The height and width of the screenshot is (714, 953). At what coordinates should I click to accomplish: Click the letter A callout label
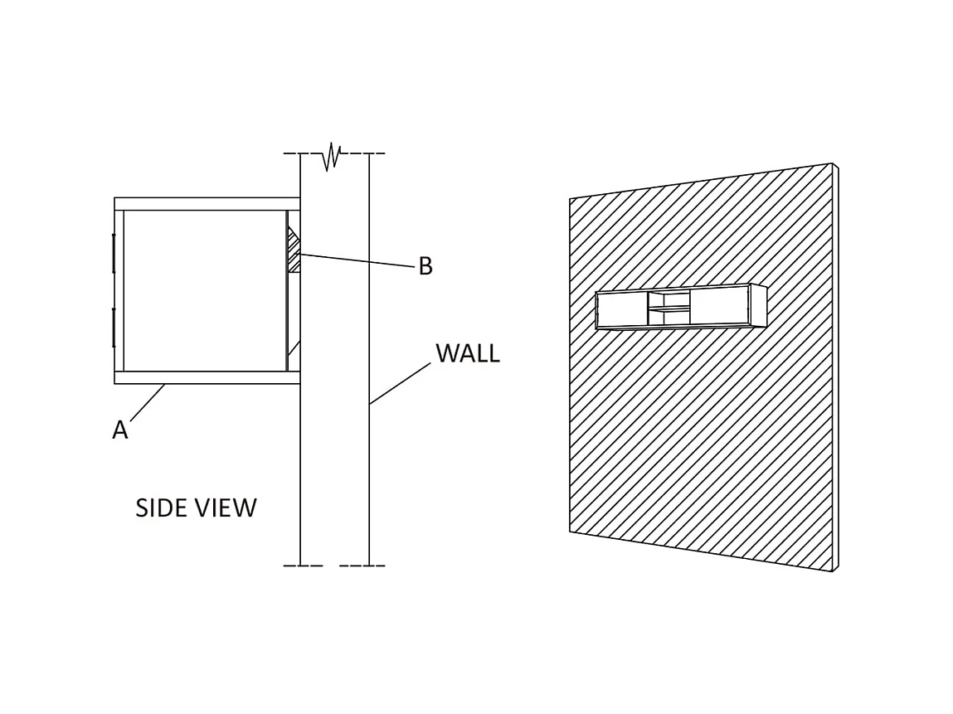pyautogui.click(x=120, y=430)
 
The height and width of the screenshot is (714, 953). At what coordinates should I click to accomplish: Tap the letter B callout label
pyautogui.click(x=425, y=266)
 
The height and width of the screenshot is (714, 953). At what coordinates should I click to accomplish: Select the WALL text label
pyautogui.click(x=468, y=353)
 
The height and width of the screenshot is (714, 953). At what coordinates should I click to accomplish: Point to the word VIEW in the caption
pyautogui.click(x=226, y=508)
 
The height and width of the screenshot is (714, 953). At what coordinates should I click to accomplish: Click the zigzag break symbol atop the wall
pyautogui.click(x=331, y=157)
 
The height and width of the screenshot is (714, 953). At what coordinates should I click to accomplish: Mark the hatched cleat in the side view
pyautogui.click(x=294, y=250)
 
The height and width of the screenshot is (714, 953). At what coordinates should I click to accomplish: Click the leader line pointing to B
pyautogui.click(x=357, y=260)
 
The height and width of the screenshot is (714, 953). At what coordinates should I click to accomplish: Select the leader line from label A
pyautogui.click(x=148, y=401)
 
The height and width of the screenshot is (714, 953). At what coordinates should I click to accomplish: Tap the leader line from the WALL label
pyautogui.click(x=400, y=383)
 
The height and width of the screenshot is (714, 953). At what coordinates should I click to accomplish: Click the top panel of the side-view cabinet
pyautogui.click(x=207, y=204)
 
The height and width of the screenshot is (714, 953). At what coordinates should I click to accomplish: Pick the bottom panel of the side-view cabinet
pyautogui.click(x=207, y=378)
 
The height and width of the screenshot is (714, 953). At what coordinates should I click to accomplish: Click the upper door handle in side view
pyautogui.click(x=114, y=254)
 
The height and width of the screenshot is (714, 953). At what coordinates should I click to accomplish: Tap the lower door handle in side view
pyautogui.click(x=114, y=328)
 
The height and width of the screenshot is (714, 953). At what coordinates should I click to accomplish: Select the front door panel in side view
pyautogui.click(x=119, y=291)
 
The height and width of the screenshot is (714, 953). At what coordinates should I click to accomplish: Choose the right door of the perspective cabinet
pyautogui.click(x=720, y=307)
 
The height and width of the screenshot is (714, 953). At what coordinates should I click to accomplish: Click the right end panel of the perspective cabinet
pyautogui.click(x=759, y=305)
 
